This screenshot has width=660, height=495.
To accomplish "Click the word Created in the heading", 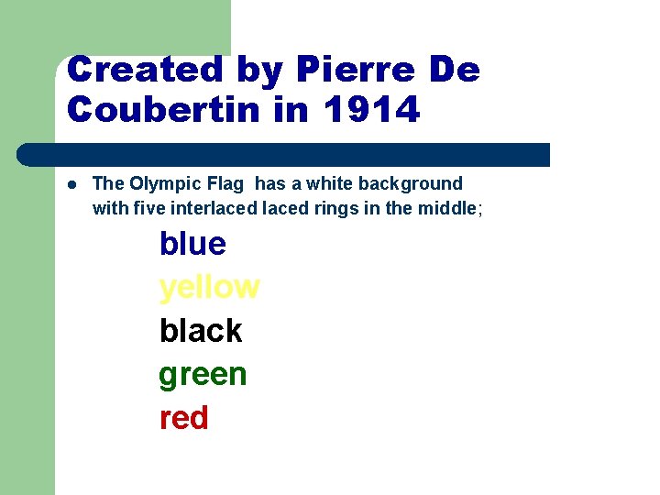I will point(132,70).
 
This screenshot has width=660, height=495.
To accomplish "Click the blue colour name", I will point(192,244).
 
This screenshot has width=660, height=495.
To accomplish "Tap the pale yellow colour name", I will point(209,288).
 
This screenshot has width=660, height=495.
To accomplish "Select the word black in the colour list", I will point(200,331).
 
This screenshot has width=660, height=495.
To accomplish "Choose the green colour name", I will point(203,375).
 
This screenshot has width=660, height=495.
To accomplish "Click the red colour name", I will point(183,418).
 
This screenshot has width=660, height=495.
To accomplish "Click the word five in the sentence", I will point(148,208).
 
